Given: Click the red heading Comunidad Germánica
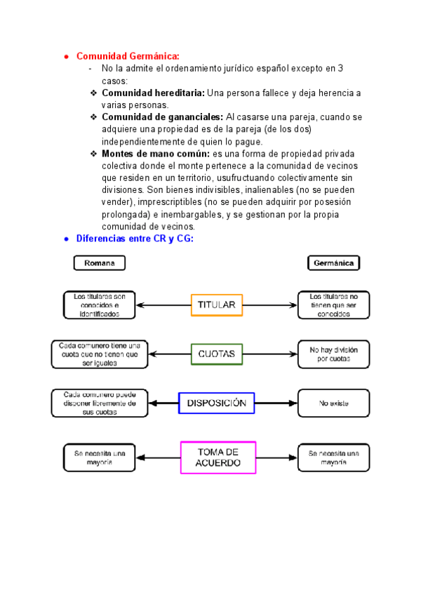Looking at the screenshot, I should [128, 56].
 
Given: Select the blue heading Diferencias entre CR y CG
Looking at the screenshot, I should [134, 239].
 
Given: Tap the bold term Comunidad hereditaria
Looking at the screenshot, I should [153, 93].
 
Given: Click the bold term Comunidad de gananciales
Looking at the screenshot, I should [162, 117].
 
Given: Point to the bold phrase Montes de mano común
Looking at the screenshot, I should [156, 154].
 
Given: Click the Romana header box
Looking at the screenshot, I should [100, 263].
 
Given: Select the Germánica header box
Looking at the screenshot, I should [334, 263].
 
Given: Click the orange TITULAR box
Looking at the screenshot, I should [216, 305].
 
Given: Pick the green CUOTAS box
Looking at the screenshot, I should [216, 354].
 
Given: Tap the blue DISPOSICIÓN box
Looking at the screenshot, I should [216, 403].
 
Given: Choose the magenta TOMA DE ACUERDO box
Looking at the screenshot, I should [219, 457].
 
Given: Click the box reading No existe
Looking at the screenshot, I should [333, 403].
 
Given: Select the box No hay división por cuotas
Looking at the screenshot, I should [333, 354].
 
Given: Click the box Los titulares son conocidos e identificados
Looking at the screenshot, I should [99, 305].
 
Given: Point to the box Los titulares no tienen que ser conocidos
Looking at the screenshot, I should [333, 305].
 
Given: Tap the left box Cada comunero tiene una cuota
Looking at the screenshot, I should [99, 354].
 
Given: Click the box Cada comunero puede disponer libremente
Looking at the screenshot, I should [99, 403].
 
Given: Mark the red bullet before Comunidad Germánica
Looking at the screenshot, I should [65, 56].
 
